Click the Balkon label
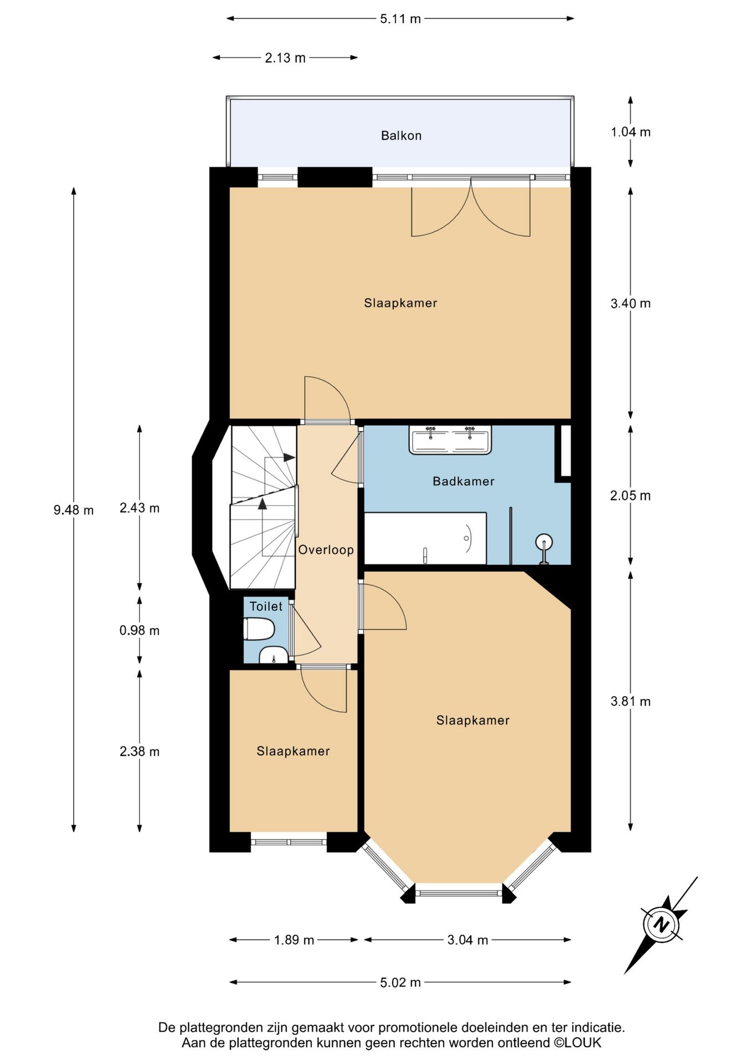tap(401, 136)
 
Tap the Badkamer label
tap(463, 481)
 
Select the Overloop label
tap(326, 550)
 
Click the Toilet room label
tap(266, 606)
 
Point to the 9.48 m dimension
tap(74, 510)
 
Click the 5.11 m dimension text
tap(400, 19)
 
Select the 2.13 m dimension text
tap(285, 58)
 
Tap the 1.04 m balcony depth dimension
tap(631, 132)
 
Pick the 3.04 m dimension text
tap(468, 940)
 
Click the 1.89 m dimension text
tap(294, 940)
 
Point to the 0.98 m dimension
tap(140, 630)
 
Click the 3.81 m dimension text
tap(631, 701)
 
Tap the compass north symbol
tap(661, 924)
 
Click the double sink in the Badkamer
tap(450, 440)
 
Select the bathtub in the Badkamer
tap(425, 538)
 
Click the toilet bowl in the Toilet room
tap(259, 630)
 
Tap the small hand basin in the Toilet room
tap(272, 655)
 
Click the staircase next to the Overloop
tap(263, 507)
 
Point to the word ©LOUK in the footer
tap(578, 1043)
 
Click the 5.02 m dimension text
tap(400, 983)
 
